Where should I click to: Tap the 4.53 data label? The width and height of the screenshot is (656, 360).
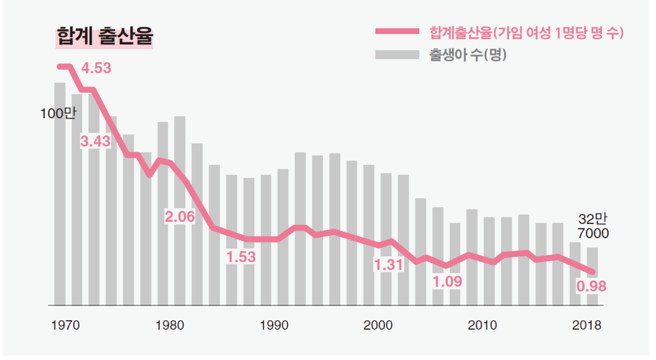point(96,68)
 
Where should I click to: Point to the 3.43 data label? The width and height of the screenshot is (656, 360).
point(95,141)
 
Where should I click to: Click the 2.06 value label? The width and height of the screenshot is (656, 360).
point(180,217)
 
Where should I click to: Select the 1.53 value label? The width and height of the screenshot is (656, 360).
point(241,256)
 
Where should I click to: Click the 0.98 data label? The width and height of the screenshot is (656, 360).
point(592,286)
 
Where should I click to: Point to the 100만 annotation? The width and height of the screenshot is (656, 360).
point(57,114)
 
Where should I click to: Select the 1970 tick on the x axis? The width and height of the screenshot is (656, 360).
point(66,325)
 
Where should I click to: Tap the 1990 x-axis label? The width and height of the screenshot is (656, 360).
point(274,325)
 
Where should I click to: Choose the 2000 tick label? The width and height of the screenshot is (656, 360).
point(378,325)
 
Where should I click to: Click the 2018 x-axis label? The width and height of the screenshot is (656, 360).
point(586,325)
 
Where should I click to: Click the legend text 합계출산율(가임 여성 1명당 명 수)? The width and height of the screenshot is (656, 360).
point(526,33)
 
